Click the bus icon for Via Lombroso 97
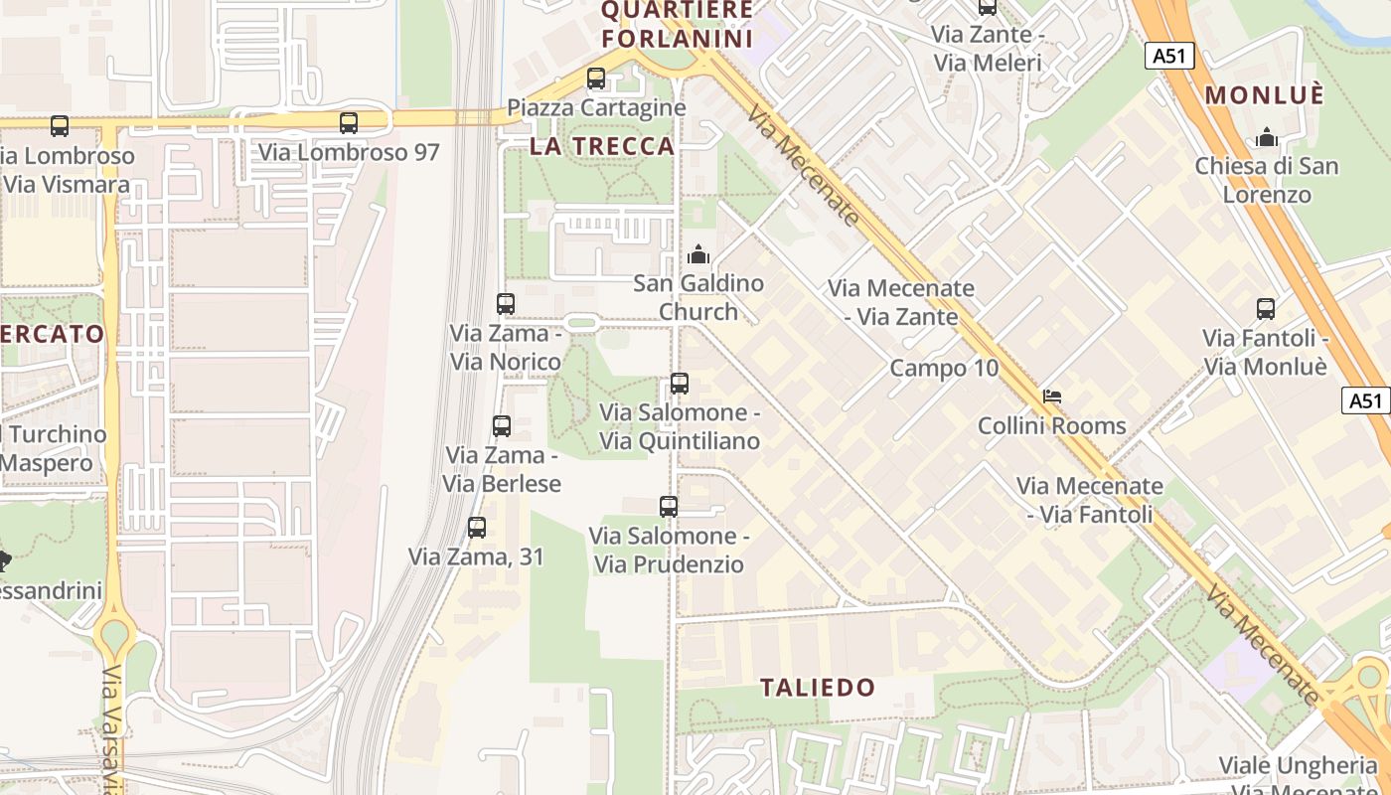(x=349, y=123)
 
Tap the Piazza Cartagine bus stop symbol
(x=596, y=79)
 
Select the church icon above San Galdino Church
(x=698, y=254)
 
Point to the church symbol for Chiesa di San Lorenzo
(x=1267, y=137)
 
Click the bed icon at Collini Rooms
(x=1051, y=397)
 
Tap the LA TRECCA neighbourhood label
(x=602, y=146)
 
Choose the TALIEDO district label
(x=818, y=687)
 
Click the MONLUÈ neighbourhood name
(x=1264, y=95)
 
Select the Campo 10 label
(x=944, y=368)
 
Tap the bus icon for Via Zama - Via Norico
(x=506, y=304)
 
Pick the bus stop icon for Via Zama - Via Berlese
(x=502, y=426)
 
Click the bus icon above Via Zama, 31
(x=477, y=528)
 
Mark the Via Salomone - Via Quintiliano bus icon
(x=680, y=384)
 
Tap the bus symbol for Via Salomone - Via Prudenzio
(x=669, y=507)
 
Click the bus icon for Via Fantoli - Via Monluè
(x=1266, y=309)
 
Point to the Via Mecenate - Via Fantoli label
(x=1089, y=500)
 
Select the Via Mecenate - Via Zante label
(x=901, y=302)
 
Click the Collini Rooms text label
(x=1052, y=425)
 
